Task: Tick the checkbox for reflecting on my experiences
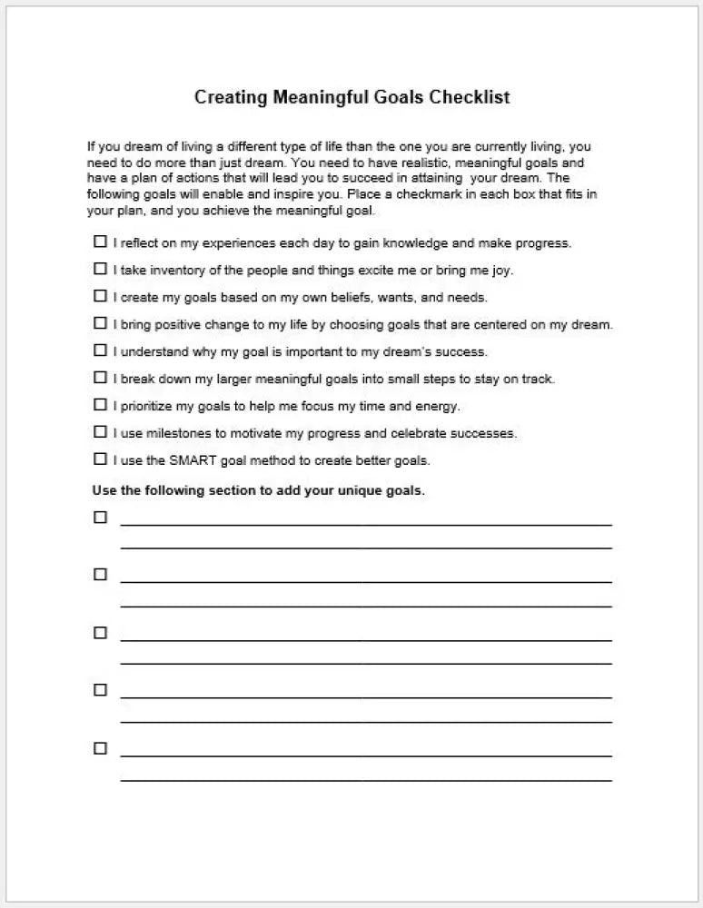[100, 242]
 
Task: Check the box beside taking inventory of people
[100, 270]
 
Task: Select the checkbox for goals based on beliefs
[100, 296]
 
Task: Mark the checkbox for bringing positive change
[100, 323]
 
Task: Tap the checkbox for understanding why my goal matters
[100, 350]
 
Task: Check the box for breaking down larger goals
[100, 378]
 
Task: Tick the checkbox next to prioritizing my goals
[100, 405]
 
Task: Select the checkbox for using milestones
[100, 432]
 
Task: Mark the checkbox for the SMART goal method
[100, 459]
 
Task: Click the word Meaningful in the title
[322, 97]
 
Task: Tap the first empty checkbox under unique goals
[100, 518]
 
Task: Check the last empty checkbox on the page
[100, 748]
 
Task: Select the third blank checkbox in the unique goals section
[100, 633]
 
